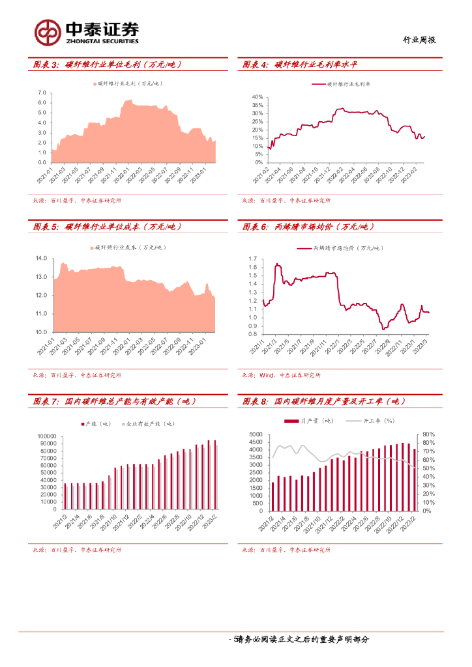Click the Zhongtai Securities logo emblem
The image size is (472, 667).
[x=47, y=32]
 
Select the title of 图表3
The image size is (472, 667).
[x=108, y=64]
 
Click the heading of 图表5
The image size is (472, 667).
[x=108, y=227]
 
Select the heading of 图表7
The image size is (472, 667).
[x=115, y=401]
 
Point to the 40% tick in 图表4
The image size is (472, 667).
[x=257, y=97]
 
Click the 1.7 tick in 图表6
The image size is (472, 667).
[x=254, y=259]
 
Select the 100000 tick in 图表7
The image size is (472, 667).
[x=45, y=436]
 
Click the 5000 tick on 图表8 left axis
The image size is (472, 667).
[x=256, y=434]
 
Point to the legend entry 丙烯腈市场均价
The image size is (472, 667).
[x=340, y=249]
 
